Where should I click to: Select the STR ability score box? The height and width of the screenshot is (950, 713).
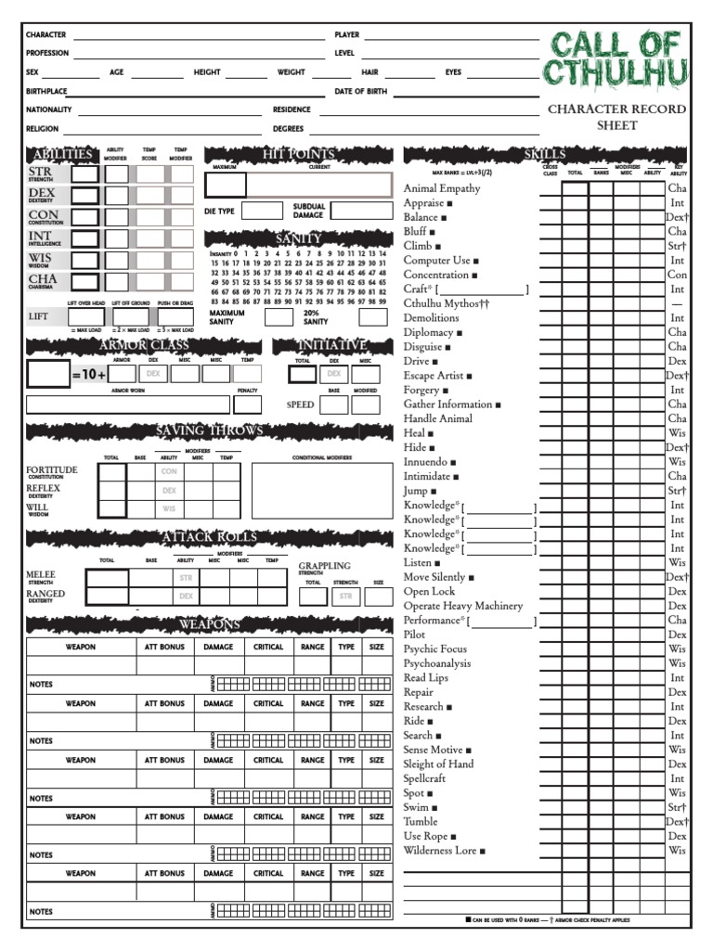[x=85, y=173]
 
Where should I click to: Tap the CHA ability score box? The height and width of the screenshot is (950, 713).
[x=85, y=281]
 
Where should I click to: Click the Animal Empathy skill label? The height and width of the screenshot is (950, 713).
[x=442, y=188]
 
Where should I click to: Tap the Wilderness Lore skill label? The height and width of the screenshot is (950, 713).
[x=440, y=850]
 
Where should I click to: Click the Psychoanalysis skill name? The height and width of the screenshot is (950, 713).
[x=437, y=663]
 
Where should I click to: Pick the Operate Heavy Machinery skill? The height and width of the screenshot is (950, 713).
[x=463, y=606]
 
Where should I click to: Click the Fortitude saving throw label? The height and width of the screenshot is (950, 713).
[x=52, y=470]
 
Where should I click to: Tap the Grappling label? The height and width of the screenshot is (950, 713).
[x=324, y=565]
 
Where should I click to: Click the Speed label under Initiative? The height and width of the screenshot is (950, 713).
[x=300, y=404]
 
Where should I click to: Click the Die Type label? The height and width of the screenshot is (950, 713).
[x=220, y=212]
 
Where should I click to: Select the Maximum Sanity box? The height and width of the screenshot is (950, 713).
[x=278, y=316]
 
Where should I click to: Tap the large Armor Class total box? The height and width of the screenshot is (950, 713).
[x=48, y=373]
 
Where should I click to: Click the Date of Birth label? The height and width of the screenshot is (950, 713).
[x=361, y=92]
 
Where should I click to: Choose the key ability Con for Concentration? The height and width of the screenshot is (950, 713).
[x=677, y=275]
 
